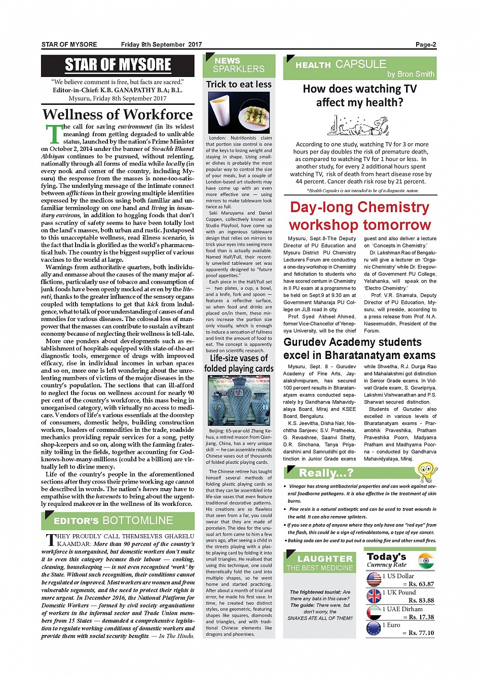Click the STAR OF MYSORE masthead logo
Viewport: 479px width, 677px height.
click(x=118, y=65)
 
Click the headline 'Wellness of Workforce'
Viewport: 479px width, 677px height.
click(x=118, y=114)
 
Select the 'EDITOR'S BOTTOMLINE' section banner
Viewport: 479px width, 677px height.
click(x=118, y=521)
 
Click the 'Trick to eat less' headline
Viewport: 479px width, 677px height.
click(x=239, y=85)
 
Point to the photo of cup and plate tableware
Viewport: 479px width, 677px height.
click(x=239, y=113)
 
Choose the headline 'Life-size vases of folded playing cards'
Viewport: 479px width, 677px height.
click(x=239, y=364)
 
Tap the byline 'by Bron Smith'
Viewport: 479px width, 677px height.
click(x=411, y=74)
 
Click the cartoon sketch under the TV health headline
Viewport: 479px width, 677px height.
click(x=359, y=125)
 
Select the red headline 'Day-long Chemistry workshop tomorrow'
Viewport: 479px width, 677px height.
click(x=360, y=216)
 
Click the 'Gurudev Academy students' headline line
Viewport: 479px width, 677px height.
click(x=352, y=342)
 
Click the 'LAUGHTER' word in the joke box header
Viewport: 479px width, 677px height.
click(x=324, y=559)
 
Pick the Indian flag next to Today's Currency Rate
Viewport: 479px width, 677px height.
click(x=426, y=561)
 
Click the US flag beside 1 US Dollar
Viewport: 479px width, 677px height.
click(x=374, y=579)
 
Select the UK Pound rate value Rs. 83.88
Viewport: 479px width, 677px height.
click(x=421, y=601)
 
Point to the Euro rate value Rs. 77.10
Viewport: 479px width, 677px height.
click(x=421, y=633)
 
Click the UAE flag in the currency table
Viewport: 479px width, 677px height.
click(x=374, y=612)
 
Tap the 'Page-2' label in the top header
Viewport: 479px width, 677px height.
click(x=426, y=45)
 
